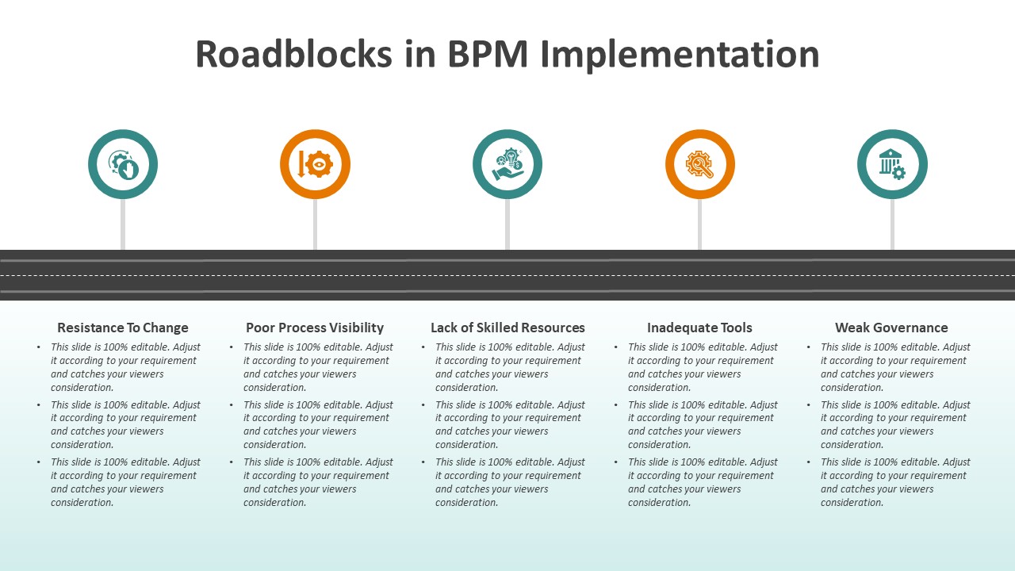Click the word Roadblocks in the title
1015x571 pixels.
coord(293,55)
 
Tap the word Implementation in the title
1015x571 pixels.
coord(680,55)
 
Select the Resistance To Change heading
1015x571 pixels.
coord(123,328)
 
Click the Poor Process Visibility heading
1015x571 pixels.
coord(315,328)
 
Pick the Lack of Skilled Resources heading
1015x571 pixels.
coord(507,328)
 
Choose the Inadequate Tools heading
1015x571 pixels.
coord(699,328)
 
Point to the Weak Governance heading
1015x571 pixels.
coord(891,328)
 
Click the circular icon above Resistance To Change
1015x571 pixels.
coord(123,164)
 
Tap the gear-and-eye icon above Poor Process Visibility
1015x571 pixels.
coord(315,164)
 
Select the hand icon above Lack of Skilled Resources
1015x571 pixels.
coord(507,164)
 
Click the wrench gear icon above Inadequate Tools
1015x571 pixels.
coord(699,164)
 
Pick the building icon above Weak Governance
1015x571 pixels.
coord(892,164)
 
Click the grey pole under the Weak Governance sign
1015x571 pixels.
coord(892,224)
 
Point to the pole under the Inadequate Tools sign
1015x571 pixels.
coord(699,224)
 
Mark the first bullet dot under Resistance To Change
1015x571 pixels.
coord(39,347)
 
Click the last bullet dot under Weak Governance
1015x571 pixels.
coord(809,462)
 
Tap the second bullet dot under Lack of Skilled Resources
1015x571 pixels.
coord(423,405)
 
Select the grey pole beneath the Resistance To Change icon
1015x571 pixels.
coord(123,224)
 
